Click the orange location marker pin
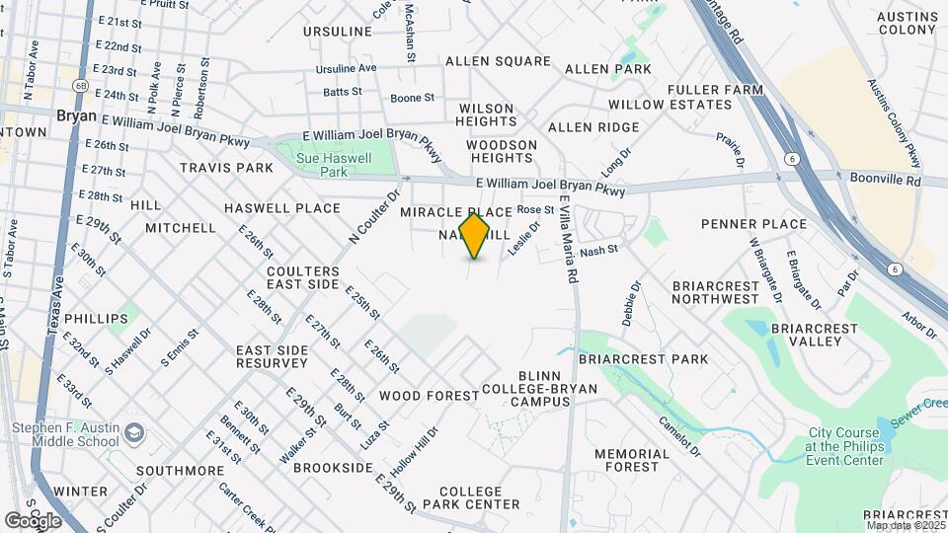click(x=475, y=236)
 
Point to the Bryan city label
click(x=76, y=115)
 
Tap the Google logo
click(x=34, y=520)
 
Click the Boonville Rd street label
click(x=885, y=182)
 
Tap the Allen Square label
click(x=498, y=61)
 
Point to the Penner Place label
click(x=753, y=224)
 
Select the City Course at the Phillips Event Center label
click(x=846, y=446)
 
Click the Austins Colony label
click(x=907, y=23)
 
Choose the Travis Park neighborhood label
click(x=226, y=168)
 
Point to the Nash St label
click(x=598, y=251)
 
